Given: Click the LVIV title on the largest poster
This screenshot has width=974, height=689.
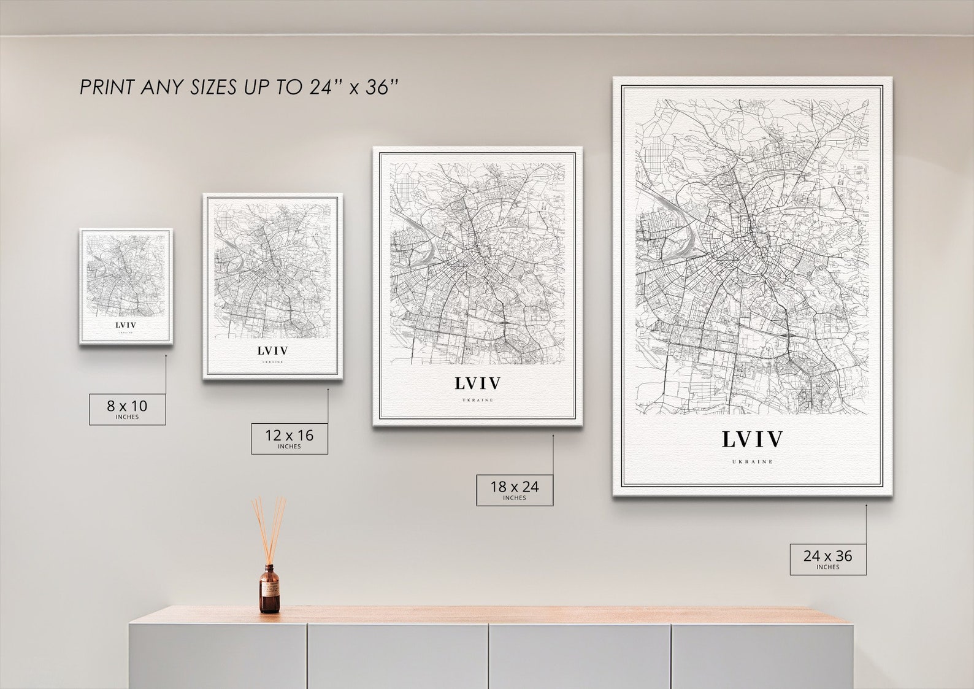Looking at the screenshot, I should [753, 439].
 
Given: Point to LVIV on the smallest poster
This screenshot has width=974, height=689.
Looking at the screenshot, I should [126, 325].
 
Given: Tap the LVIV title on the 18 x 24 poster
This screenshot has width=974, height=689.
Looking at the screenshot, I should [478, 383].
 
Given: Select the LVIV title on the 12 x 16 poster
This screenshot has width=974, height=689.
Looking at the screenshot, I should [273, 351].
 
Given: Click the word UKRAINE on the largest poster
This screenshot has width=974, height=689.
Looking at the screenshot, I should [753, 461].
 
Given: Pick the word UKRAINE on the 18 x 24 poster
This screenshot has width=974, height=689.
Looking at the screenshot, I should [478, 400].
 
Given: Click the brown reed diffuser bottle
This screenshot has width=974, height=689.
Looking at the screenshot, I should [269, 590].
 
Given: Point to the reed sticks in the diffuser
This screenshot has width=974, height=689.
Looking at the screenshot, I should [269, 528].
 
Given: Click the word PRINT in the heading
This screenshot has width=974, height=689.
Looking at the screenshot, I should [107, 87].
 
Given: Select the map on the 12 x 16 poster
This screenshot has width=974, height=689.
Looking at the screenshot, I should [273, 270].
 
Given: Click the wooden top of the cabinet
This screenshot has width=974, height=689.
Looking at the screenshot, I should [491, 615].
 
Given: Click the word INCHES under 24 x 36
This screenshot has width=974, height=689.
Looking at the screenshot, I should [828, 567].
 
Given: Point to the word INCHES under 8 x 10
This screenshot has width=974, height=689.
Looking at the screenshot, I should [128, 417].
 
